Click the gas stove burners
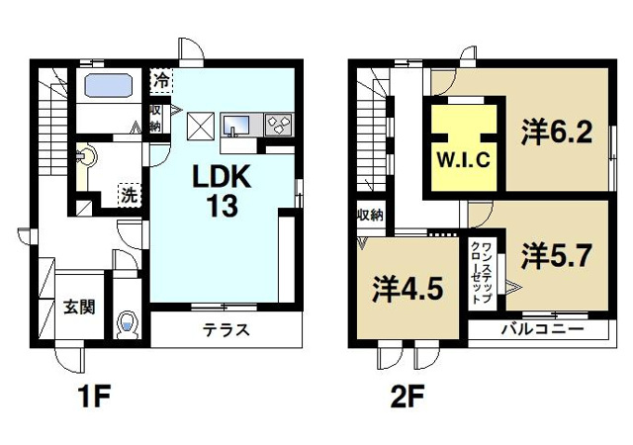click(277, 124)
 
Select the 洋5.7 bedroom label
click(557, 255)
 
